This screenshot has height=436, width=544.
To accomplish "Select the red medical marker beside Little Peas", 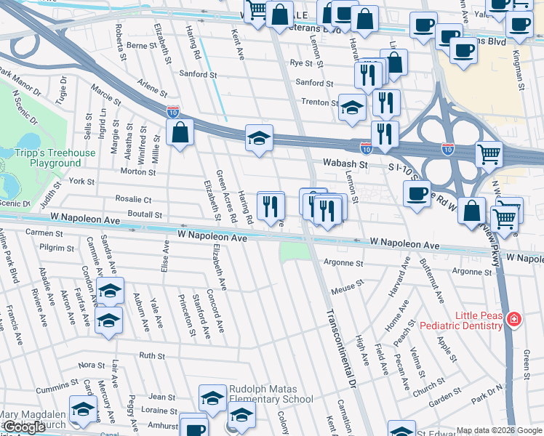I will pos(514,319).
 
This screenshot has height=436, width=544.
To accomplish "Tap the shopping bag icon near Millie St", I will pos(180,133).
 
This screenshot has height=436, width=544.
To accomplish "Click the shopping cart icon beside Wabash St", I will pos(489,153).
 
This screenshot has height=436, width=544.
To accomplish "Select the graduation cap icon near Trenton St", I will pos(353,108).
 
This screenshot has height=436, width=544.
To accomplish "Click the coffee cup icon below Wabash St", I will pos(417,193).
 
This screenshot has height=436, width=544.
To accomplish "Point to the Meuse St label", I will pos(347,288).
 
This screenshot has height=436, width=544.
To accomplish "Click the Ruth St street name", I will pos(152,355).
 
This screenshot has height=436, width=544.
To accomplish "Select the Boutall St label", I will pos(144,214).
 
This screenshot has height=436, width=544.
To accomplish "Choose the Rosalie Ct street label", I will pos(133,199).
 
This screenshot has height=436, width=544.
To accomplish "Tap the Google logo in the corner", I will pos(25,427).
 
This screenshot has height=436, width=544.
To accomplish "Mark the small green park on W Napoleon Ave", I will pos(294,251).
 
